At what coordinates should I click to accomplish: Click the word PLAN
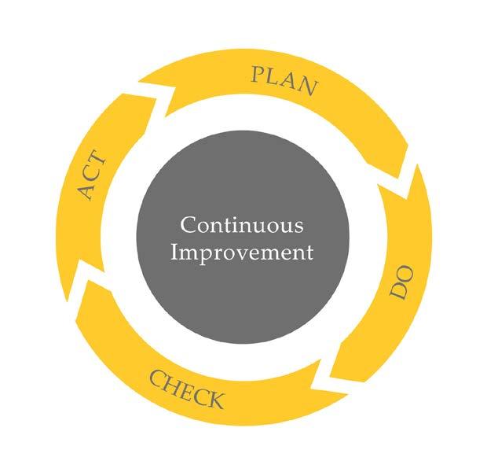tap(284, 80)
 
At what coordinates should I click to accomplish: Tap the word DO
tap(401, 290)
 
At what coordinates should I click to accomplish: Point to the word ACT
tap(93, 177)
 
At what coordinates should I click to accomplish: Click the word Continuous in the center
tap(241, 226)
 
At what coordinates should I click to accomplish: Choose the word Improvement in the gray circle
tap(241, 253)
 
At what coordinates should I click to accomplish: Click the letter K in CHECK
tap(214, 401)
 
